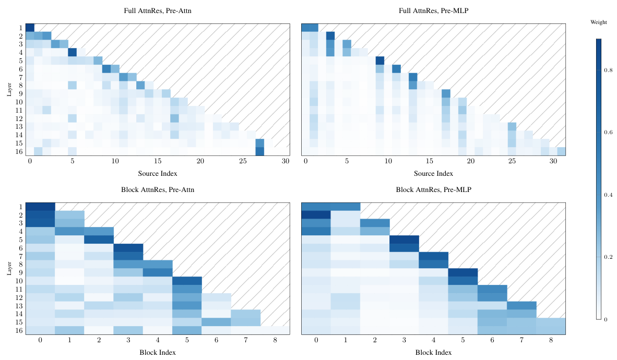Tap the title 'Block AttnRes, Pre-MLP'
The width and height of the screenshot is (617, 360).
click(433, 190)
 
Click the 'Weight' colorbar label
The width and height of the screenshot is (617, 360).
click(598, 22)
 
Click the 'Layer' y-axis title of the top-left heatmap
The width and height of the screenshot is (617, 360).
click(9, 90)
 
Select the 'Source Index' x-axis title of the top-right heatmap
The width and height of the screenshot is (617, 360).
click(433, 173)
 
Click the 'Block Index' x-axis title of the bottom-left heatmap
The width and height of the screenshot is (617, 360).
click(158, 352)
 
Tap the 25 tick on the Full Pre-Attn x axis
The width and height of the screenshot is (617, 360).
click(243, 162)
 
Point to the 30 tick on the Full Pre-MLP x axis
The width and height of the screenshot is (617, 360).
click(553, 162)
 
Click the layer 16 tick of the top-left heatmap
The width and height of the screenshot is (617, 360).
click(19, 151)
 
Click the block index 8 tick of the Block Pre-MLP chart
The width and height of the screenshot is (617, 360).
click(551, 341)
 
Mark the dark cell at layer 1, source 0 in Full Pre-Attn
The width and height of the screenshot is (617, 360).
click(30, 28)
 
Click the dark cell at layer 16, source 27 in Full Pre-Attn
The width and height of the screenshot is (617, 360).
click(260, 151)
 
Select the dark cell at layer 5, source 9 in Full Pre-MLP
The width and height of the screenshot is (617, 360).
click(379, 61)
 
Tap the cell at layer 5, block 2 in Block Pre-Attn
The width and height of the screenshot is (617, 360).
click(99, 239)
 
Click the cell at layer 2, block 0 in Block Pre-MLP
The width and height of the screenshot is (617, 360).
click(316, 214)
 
